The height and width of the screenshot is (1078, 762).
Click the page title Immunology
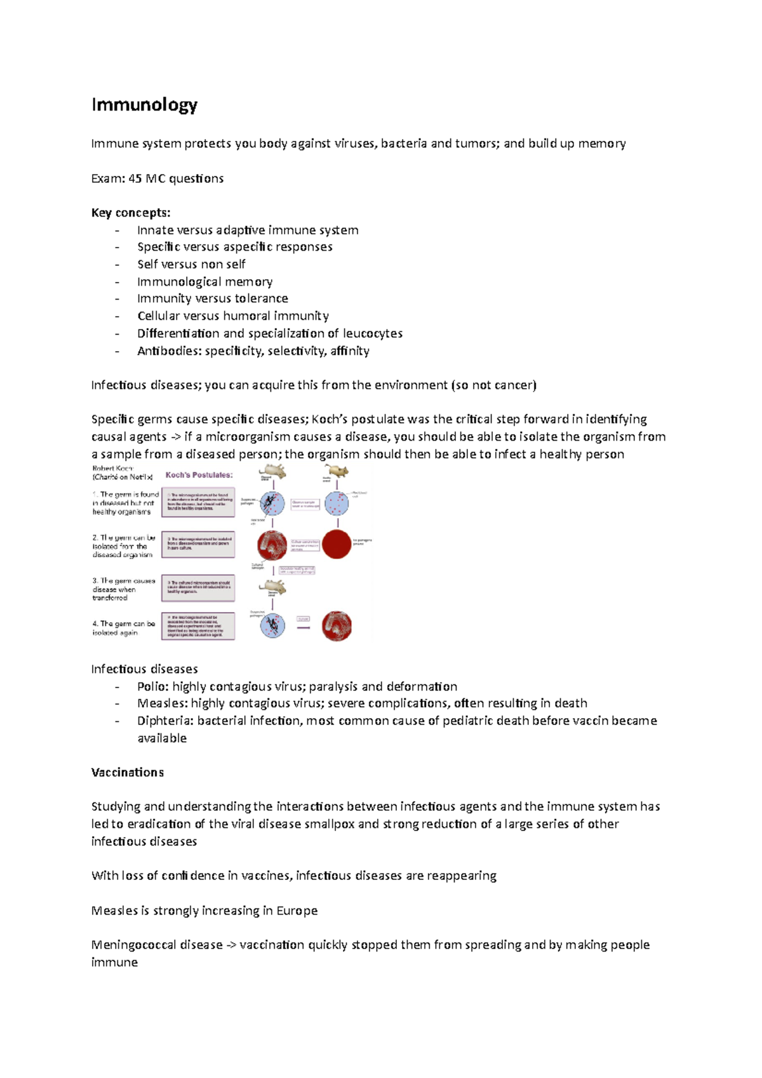(x=144, y=105)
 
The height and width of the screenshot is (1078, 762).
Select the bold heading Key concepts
(x=131, y=213)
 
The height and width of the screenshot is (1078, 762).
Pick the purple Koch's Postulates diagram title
(x=199, y=475)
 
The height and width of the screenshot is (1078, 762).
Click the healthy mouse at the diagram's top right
(x=337, y=472)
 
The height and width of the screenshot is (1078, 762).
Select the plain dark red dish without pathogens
(x=337, y=544)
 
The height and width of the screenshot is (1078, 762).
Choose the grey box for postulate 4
(x=198, y=626)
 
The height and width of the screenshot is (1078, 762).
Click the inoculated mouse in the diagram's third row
(x=275, y=587)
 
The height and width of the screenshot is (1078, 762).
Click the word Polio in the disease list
(x=152, y=686)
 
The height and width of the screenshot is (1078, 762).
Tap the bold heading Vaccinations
(x=128, y=773)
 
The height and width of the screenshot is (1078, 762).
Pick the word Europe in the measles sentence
(x=297, y=911)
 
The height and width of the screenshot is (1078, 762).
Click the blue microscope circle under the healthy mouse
(x=337, y=504)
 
